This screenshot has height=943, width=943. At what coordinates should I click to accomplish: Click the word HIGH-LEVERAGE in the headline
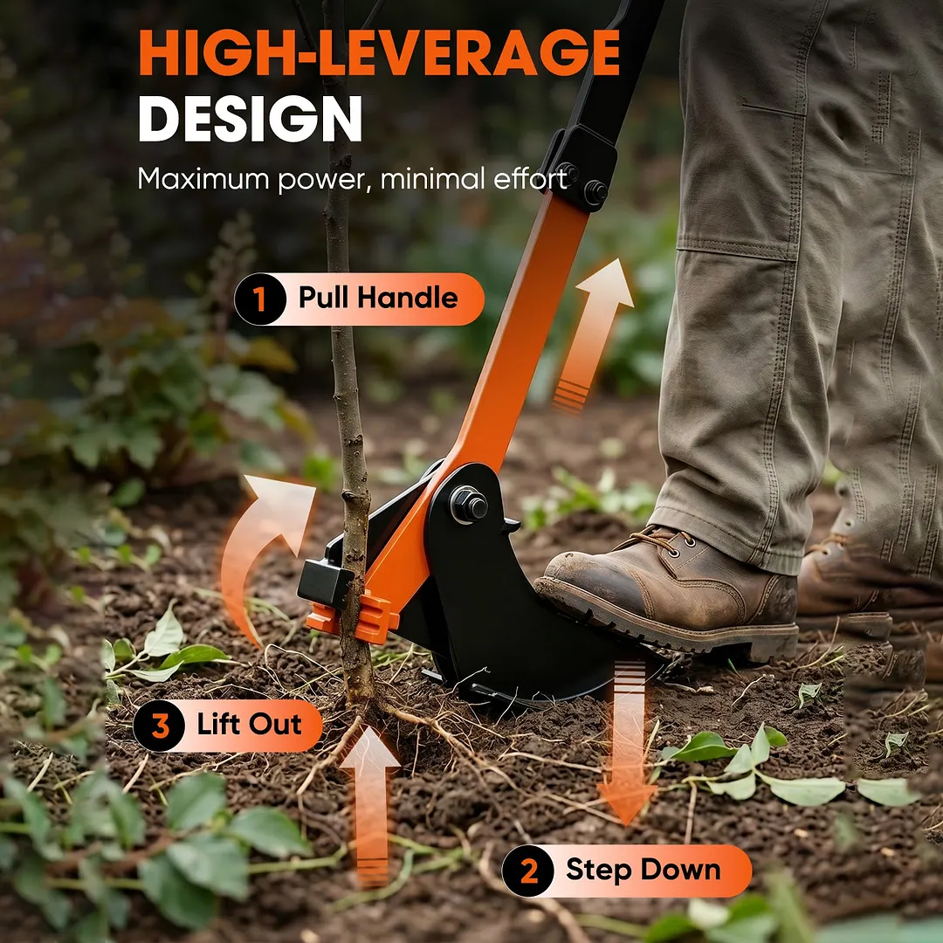pyautogui.click(x=379, y=52)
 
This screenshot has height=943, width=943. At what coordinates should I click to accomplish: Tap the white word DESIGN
pyautogui.click(x=251, y=119)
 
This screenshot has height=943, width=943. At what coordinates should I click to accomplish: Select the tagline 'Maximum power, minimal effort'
pyautogui.click(x=353, y=179)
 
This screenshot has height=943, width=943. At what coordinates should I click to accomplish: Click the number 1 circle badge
pyautogui.click(x=260, y=299)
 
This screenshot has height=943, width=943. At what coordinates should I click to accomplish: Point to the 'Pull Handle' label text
pyautogui.click(x=378, y=298)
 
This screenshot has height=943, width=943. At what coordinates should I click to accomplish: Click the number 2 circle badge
pyautogui.click(x=528, y=871)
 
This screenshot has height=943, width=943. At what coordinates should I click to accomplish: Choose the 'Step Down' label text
pyautogui.click(x=643, y=870)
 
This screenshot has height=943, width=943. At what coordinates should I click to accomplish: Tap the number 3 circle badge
pyautogui.click(x=160, y=726)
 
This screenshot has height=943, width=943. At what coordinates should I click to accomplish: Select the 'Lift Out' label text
pyautogui.click(x=249, y=724)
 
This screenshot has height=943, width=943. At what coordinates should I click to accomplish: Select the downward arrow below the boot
pyautogui.click(x=627, y=743)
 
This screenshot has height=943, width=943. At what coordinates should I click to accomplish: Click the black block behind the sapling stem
pyautogui.click(x=325, y=582)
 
